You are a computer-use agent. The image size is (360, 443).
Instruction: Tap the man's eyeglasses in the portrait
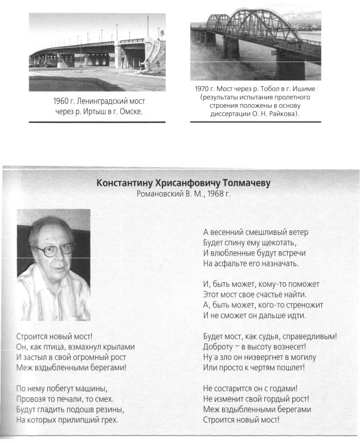(54, 249)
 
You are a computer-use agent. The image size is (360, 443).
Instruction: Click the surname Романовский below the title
(160, 194)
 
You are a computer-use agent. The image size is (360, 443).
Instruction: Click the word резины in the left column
(108, 409)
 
